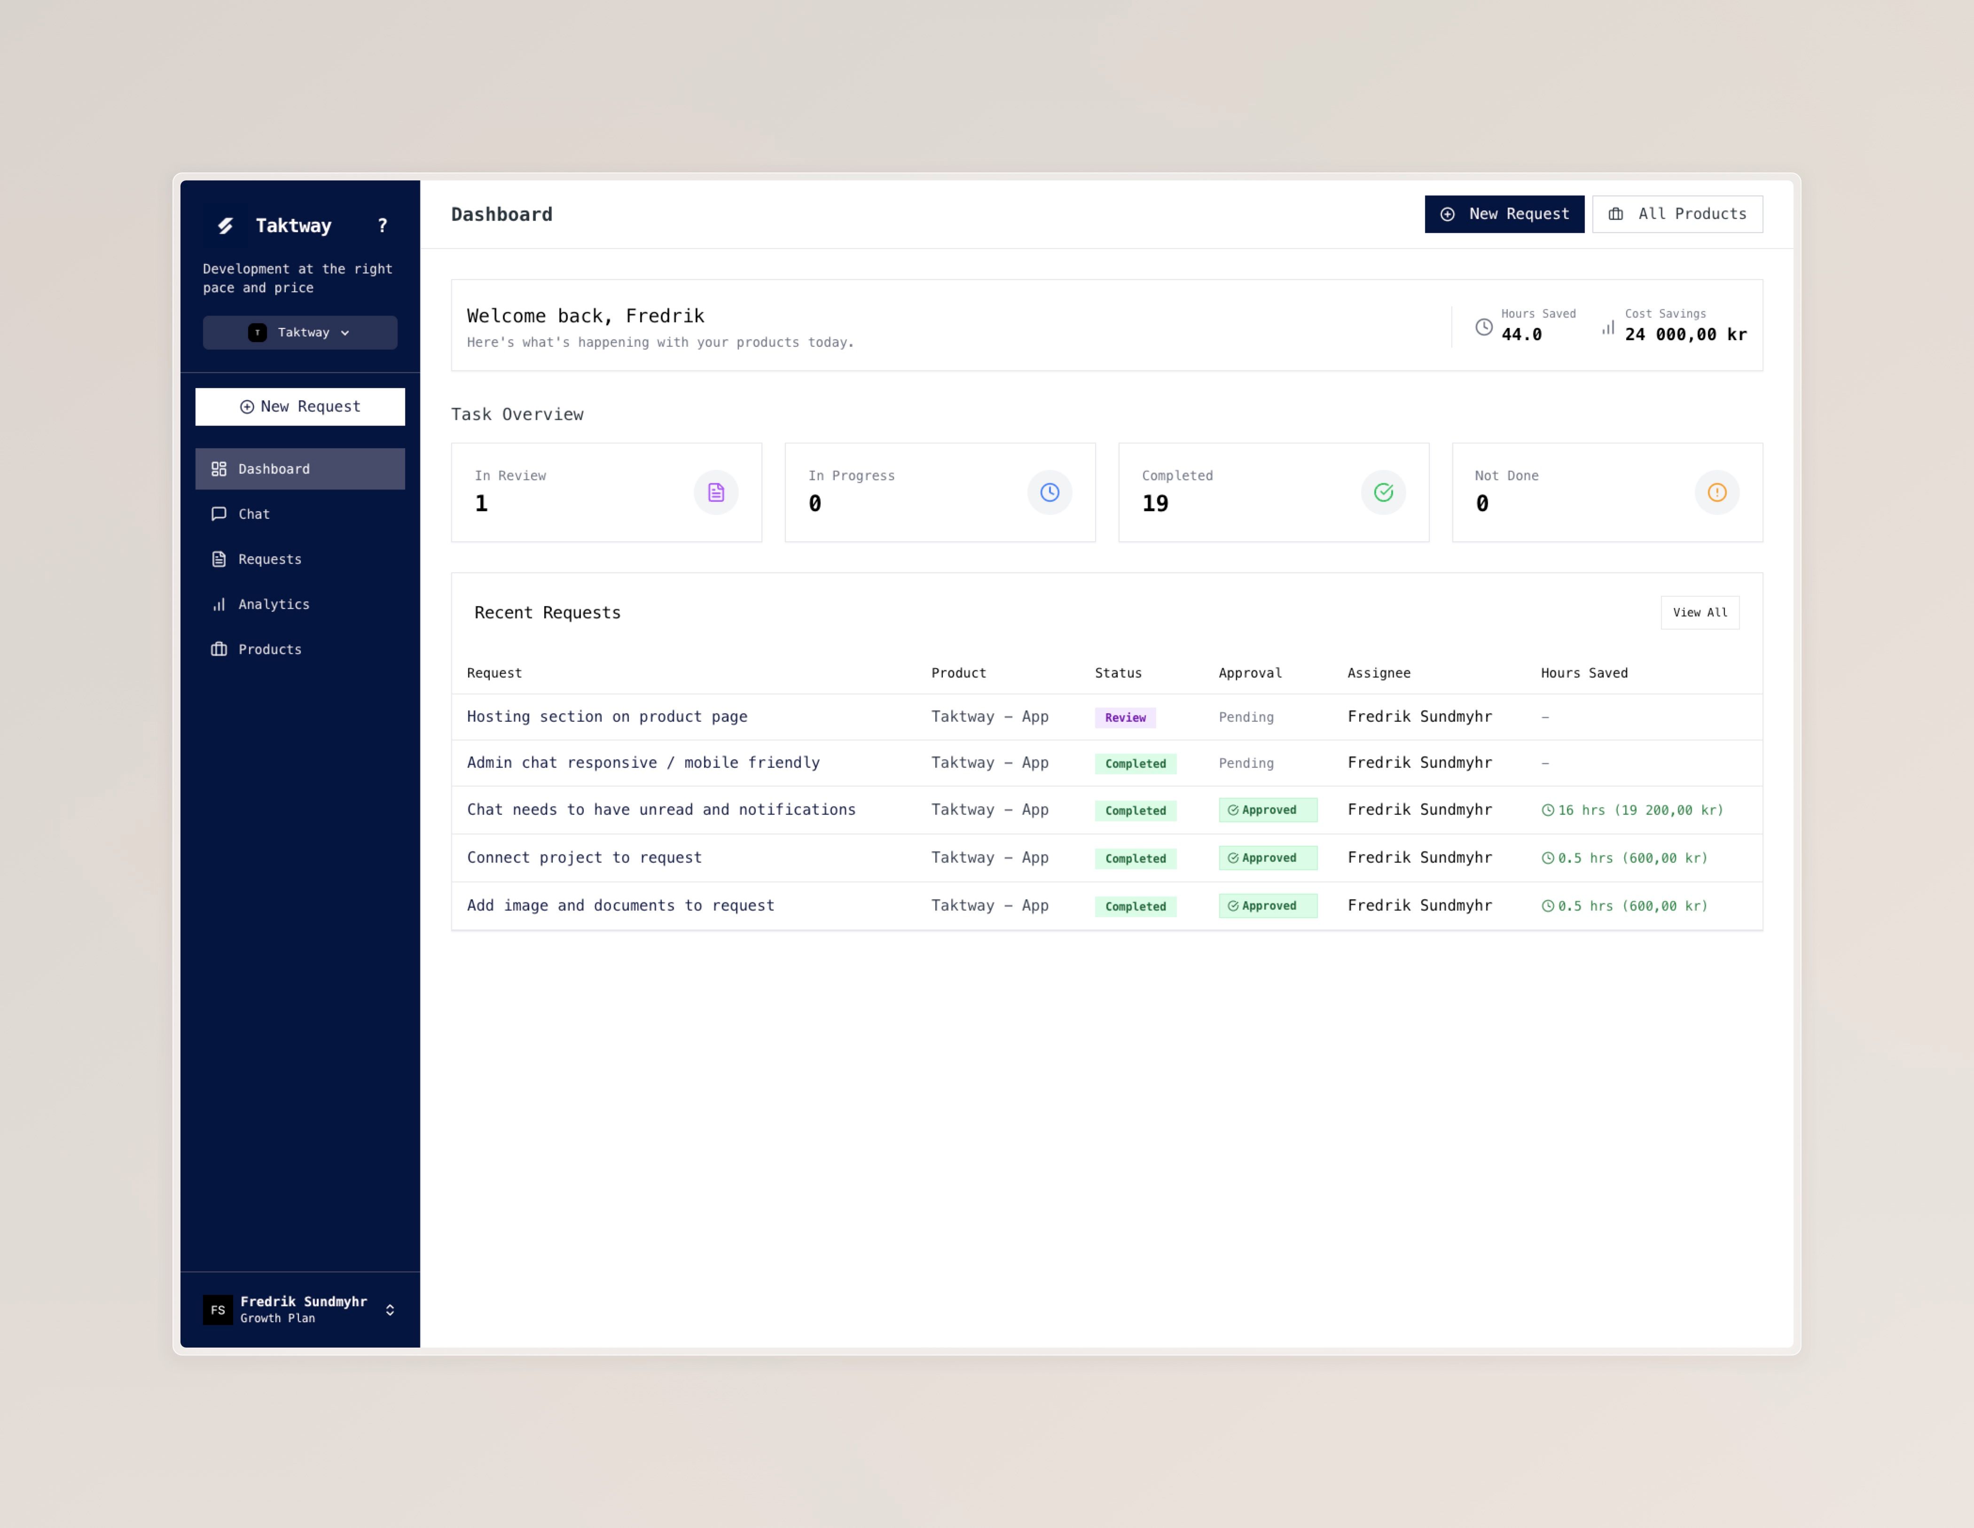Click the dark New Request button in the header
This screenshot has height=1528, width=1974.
(1504, 214)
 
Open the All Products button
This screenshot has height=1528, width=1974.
(1677, 214)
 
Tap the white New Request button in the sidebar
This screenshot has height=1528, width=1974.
(300, 406)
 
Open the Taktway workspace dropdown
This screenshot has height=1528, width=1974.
(300, 333)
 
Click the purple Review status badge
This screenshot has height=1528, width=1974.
(1125, 717)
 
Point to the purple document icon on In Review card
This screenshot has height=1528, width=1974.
(716, 492)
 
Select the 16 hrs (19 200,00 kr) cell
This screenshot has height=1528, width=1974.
(1632, 811)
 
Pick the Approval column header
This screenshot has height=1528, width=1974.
(1250, 673)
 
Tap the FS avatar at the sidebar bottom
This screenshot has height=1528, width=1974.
(218, 1310)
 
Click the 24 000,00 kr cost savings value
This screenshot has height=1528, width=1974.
(1686, 335)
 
